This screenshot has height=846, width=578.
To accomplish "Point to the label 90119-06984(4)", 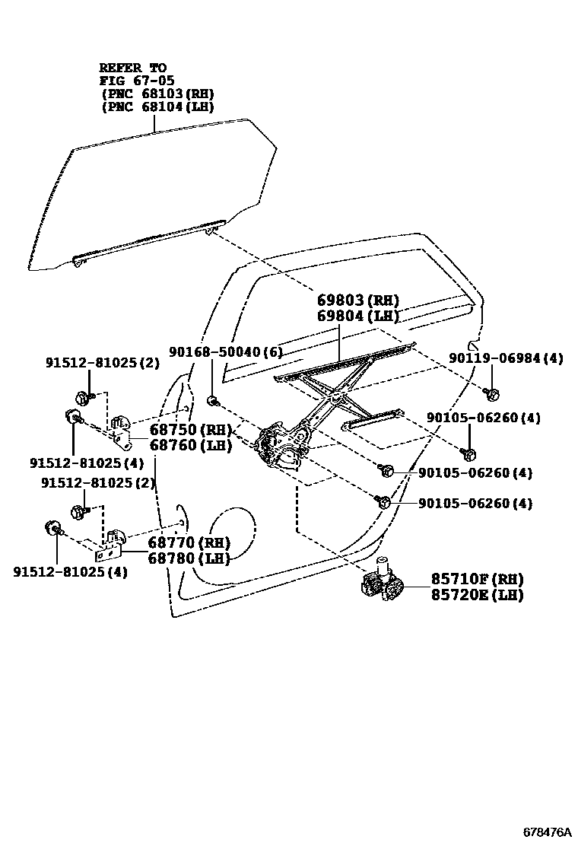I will click(505, 358).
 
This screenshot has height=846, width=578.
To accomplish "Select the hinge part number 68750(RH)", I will click(189, 431).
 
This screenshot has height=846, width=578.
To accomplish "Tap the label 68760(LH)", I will click(189, 446).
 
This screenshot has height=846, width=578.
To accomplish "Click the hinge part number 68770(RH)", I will click(189, 542).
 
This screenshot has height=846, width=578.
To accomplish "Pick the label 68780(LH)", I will click(189, 558).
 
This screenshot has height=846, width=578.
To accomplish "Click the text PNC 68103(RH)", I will click(157, 94).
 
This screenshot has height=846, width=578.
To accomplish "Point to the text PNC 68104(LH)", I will click(157, 107).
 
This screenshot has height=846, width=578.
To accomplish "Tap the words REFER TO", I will click(132, 68).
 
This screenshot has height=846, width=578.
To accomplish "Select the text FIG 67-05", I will click(132, 81).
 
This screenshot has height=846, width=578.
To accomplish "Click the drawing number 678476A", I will click(545, 832).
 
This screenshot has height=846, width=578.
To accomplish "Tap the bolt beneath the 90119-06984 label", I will click(491, 393).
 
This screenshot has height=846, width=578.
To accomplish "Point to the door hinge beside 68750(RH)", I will click(119, 426).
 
